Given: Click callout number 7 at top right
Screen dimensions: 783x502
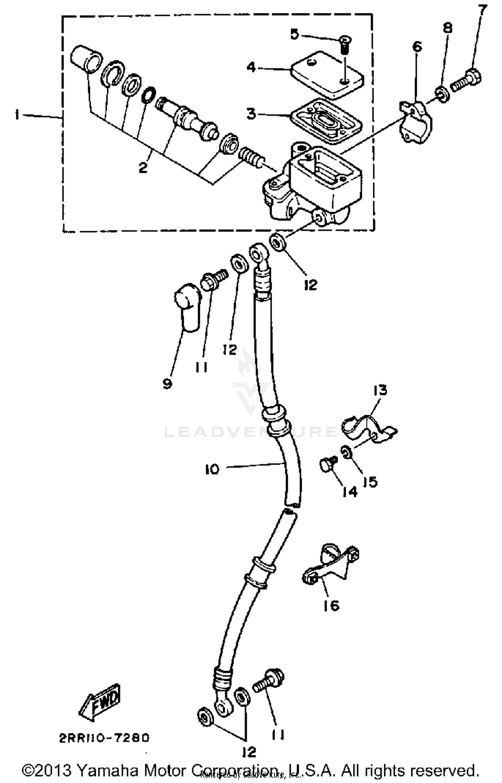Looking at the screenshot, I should tap(482, 11).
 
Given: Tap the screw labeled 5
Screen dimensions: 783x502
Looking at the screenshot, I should tap(344, 45).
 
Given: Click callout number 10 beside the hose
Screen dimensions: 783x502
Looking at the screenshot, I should tap(212, 469).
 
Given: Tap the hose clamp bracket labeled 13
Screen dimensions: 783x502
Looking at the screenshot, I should tap(368, 429).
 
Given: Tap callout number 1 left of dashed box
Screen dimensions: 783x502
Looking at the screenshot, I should tap(17, 115).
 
